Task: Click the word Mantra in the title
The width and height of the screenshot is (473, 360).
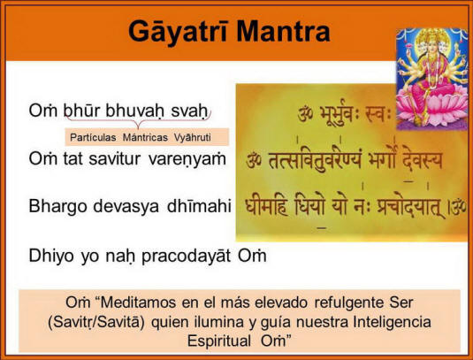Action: click(x=283, y=31)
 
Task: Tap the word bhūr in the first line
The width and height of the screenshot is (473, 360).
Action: click(x=81, y=111)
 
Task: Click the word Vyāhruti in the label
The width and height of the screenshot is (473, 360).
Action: click(x=192, y=138)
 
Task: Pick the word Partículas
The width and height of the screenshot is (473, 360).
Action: click(x=93, y=138)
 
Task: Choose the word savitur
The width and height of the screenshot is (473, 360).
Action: click(x=115, y=158)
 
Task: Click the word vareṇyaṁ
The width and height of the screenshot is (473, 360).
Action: click(x=187, y=159)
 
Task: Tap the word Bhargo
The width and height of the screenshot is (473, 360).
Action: click(x=58, y=207)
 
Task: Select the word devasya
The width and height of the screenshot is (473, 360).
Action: click(x=126, y=207)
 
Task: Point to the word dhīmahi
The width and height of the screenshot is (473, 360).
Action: click(x=200, y=206)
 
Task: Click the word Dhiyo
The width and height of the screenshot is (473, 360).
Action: click(x=51, y=256)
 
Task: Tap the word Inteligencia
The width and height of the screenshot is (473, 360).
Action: click(x=393, y=322)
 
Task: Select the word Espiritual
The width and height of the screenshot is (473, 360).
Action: click(x=219, y=341)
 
